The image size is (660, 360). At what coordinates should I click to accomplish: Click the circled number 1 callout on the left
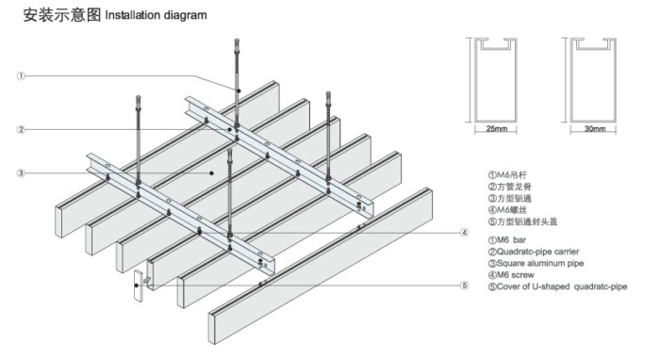[21, 76]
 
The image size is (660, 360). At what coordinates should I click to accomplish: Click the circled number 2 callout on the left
[21, 129]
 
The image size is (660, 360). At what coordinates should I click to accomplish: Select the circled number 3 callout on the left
[21, 173]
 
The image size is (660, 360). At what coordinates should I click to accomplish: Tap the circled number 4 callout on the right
[464, 233]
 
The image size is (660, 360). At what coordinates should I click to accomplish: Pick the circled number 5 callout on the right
[464, 286]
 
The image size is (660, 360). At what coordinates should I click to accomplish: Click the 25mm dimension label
[497, 129]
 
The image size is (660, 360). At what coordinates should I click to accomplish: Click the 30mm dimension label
[595, 129]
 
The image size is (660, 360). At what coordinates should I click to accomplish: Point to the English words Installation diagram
[156, 16]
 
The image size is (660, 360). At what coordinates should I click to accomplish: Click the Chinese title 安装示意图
[62, 15]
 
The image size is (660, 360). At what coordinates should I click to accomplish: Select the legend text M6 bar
[507, 240]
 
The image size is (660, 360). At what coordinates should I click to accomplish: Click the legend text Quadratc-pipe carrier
[534, 252]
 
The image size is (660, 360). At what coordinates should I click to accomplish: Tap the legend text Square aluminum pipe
[536, 263]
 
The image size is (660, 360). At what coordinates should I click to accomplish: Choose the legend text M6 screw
[511, 275]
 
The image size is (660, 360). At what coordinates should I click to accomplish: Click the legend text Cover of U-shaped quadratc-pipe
[558, 286]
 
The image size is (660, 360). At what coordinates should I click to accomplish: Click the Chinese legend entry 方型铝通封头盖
[522, 221]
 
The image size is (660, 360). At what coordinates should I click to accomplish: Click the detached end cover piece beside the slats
[139, 286]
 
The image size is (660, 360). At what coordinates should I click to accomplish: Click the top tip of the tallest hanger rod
[238, 40]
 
